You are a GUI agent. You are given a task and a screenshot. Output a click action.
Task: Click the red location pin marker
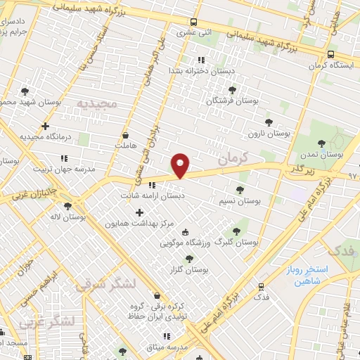pyautogui.click(x=181, y=165)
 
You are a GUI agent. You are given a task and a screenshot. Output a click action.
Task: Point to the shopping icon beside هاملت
pyautogui.click(x=126, y=135)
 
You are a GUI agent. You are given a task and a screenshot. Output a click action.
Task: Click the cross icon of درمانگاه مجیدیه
pyautogui.click(x=46, y=127)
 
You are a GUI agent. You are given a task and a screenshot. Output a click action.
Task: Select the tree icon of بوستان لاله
pyautogui.click(x=67, y=206)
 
